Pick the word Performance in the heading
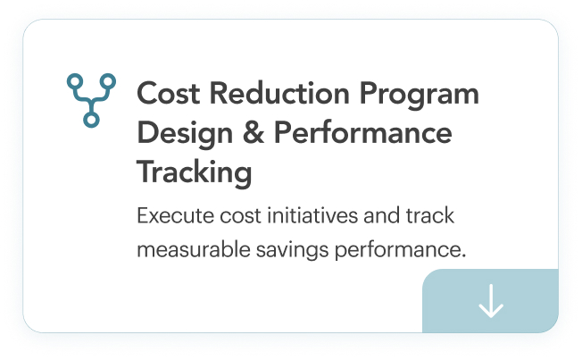[362, 134]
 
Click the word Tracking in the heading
[194, 172]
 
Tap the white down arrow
[491, 302]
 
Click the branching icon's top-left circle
[74, 81]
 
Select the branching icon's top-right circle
[108, 81]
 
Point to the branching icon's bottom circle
[91, 118]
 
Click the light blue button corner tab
[490, 301]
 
